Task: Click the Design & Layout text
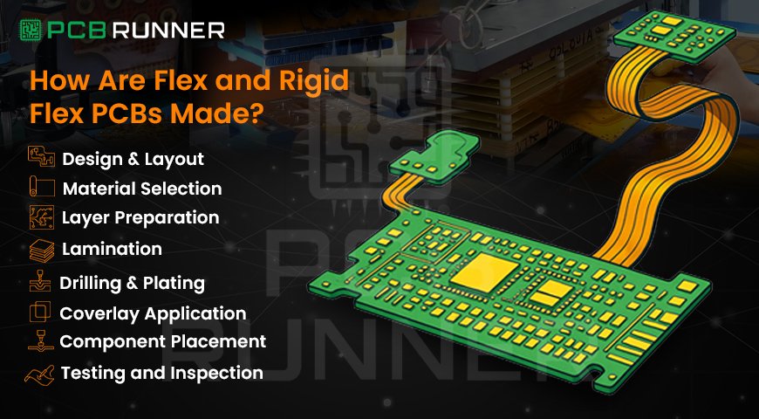[x=133, y=159]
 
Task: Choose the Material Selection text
[x=141, y=188]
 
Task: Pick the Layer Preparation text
[x=140, y=216]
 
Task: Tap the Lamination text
[x=112, y=249]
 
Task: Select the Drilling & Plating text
[x=132, y=283]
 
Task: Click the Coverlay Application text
[x=152, y=313]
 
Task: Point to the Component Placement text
[x=162, y=341]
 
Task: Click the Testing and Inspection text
[x=161, y=373]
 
